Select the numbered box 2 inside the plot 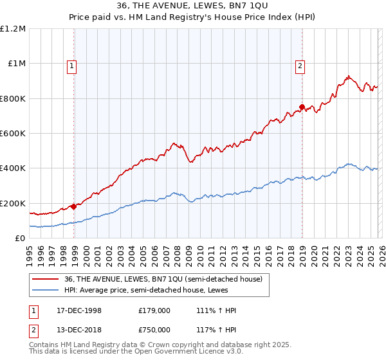[x=300, y=65]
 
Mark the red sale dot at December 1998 [x=74, y=206]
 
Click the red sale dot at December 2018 [x=302, y=107]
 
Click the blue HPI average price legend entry [x=147, y=291]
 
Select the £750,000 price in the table [x=154, y=330]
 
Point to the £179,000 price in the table [x=154, y=310]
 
